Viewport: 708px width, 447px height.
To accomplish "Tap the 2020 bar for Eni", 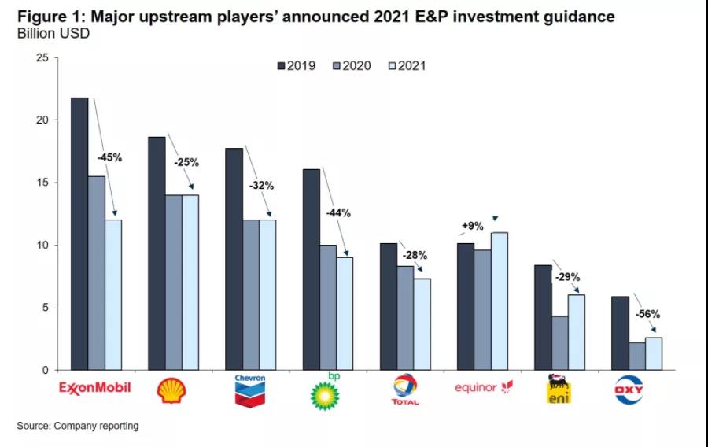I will pos(559,343).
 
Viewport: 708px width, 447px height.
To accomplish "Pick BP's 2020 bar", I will pos(328,307).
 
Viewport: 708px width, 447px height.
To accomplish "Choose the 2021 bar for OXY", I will pos(653,353).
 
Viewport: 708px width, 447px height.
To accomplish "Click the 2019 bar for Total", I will pos(388,306).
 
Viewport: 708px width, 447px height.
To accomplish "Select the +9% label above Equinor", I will pos(472,227).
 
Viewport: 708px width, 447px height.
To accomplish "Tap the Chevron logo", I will pos(250,390).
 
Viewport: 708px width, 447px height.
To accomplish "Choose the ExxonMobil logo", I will pos(94,388).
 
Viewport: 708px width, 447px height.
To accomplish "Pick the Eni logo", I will pos(559,390).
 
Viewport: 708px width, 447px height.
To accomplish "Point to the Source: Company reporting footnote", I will pos(78,426).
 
